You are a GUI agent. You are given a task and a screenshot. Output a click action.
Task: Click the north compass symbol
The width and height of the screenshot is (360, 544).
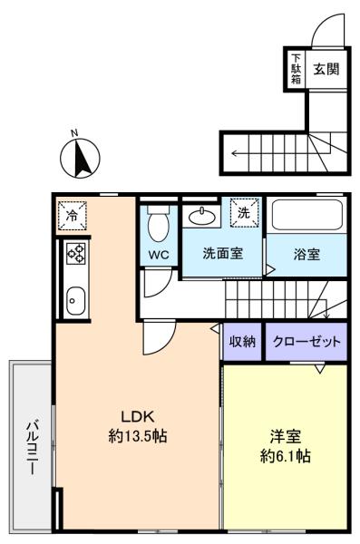[x=79, y=160]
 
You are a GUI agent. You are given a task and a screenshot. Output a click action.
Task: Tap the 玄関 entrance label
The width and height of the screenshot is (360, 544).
[x=326, y=70]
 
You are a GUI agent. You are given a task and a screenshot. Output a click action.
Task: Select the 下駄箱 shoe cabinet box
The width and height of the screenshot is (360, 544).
[x=296, y=69]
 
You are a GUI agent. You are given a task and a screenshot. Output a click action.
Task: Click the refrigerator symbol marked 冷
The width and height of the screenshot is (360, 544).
[x=73, y=215]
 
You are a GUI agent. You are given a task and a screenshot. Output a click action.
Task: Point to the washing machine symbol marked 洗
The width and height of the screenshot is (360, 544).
[x=244, y=213]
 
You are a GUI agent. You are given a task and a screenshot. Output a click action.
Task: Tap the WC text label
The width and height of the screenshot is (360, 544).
[x=158, y=255]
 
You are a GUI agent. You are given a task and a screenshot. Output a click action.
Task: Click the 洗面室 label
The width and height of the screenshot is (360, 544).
[x=221, y=255]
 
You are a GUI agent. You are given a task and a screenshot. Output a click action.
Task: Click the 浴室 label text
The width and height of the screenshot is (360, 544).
[x=306, y=255]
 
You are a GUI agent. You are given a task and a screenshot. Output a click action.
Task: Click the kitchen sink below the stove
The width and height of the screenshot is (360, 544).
[x=73, y=298]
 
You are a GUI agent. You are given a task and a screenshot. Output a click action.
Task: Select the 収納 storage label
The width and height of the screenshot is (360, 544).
[x=241, y=342]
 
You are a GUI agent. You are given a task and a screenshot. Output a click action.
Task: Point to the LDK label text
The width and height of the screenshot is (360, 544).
[x=137, y=417]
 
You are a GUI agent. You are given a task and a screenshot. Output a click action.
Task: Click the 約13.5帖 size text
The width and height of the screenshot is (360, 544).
[x=137, y=436]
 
